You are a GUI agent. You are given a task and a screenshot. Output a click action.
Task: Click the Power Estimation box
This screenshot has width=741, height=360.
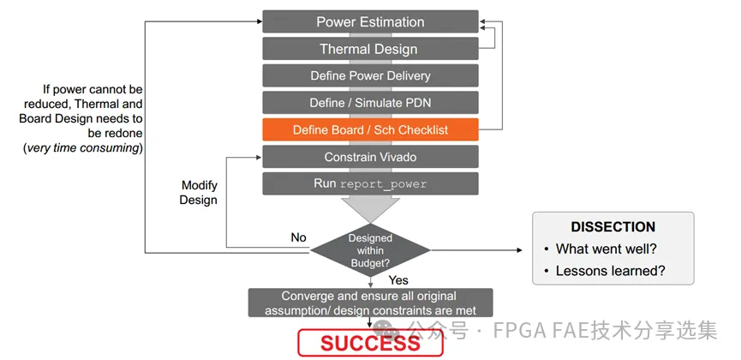[370, 22]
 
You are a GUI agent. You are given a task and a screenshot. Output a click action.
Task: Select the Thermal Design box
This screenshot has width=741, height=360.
[370, 49]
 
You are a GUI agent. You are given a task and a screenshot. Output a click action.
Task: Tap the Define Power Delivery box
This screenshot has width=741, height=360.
[370, 76]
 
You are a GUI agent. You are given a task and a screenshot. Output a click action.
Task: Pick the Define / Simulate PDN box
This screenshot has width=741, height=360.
[370, 103]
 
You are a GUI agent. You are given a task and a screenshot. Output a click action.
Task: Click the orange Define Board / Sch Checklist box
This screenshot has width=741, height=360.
[370, 130]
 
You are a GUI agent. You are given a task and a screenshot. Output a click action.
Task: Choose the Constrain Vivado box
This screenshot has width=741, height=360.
[370, 157]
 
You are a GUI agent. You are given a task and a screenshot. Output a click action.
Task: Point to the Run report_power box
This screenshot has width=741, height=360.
[370, 183]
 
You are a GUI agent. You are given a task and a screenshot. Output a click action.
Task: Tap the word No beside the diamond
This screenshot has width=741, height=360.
[298, 237]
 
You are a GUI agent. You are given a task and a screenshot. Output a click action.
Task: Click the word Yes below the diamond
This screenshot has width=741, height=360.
[399, 280]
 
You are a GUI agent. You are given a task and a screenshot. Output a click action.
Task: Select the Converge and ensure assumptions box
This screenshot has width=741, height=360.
[370, 302]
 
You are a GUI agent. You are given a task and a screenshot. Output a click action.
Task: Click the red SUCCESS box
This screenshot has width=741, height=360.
[370, 344]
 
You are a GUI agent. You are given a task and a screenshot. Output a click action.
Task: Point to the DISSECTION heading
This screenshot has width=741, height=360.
[613, 227]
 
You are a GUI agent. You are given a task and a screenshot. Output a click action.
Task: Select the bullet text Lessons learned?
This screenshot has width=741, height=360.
[610, 272]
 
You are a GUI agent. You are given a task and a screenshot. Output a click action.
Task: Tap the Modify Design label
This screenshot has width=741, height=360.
[199, 193]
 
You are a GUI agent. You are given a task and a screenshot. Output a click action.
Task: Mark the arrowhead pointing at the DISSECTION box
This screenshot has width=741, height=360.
[519, 250]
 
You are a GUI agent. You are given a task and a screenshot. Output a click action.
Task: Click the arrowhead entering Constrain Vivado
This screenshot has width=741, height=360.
[256, 157]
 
